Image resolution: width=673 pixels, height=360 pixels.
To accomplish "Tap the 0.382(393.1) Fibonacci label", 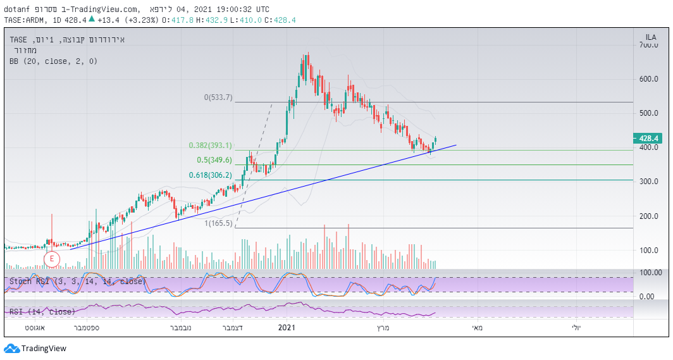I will tap(211, 145).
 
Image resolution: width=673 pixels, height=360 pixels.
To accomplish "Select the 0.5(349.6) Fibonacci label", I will tap(215, 160).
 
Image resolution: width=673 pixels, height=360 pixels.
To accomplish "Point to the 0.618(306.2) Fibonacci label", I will tap(211, 175).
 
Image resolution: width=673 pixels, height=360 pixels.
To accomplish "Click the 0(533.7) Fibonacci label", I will tap(218, 97).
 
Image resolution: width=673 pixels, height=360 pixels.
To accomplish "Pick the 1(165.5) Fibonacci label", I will tap(218, 223).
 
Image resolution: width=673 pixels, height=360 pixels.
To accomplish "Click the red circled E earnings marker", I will tap(51, 258).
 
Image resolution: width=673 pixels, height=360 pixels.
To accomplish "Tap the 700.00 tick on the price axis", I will tap(648, 46).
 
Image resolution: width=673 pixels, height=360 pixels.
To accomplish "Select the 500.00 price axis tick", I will tap(648, 113).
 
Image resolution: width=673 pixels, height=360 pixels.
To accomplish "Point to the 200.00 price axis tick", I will tap(648, 216).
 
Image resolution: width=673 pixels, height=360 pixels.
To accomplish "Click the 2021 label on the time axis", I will tap(287, 328).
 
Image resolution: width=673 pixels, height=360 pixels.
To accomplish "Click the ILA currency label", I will tap(650, 37).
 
